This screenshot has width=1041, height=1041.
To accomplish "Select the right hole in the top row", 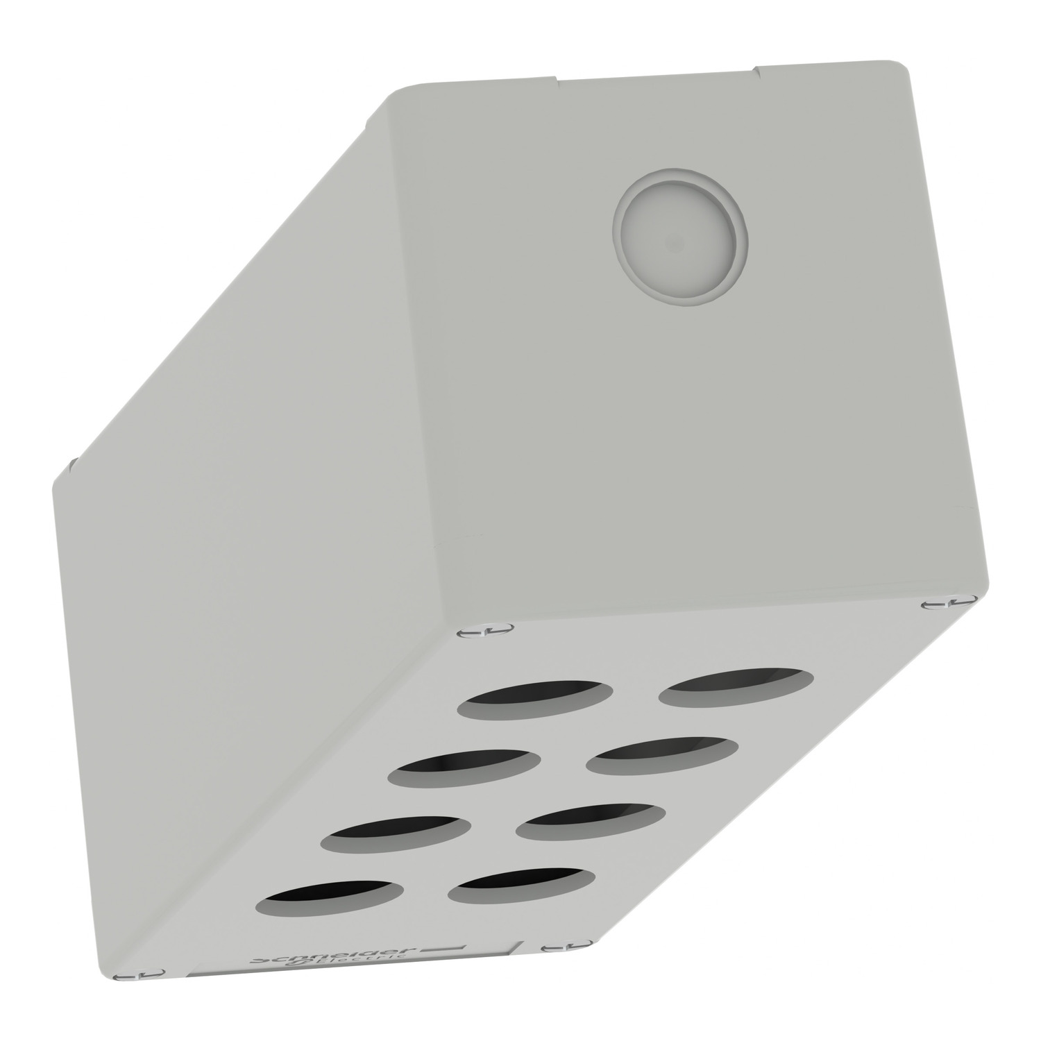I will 735,687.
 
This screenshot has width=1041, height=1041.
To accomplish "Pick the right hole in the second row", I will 662,756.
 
